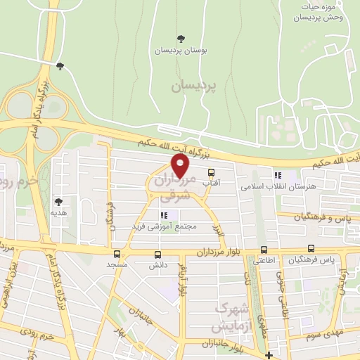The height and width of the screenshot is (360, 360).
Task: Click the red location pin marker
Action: coord(181,167)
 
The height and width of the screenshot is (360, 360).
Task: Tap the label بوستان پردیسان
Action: coord(181,51)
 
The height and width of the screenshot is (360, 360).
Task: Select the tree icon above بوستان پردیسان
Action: coord(181,39)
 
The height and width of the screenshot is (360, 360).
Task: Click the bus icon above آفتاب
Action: coord(212,172)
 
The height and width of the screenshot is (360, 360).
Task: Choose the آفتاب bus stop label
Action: coord(212,183)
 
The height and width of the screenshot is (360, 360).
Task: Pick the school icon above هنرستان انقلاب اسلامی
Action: coord(278,175)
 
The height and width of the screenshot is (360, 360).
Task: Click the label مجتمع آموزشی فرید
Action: coord(164,227)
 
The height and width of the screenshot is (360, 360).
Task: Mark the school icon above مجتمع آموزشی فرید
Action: coord(165,216)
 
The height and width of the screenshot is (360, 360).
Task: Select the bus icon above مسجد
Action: coord(117,254)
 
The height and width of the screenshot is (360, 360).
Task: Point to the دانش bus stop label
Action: coord(157,266)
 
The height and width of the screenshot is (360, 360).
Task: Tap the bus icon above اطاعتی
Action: coord(264,249)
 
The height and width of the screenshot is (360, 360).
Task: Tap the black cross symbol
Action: coord(268,354)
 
